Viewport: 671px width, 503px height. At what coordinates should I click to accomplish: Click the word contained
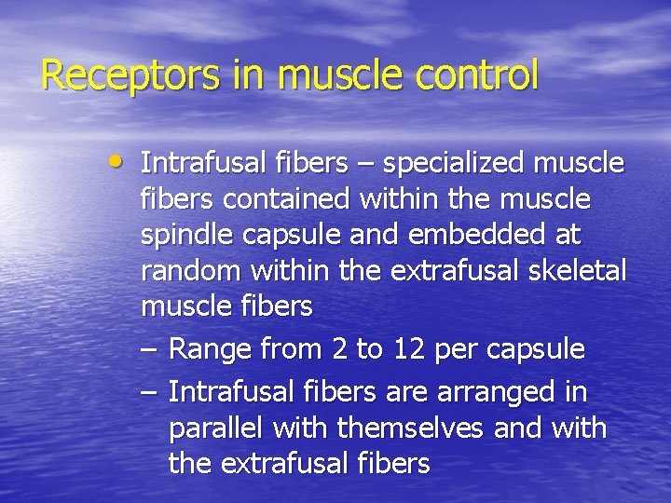[x=295, y=199]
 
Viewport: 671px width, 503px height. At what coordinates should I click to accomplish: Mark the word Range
[x=211, y=350]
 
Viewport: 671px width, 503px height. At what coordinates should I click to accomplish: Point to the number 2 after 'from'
[x=339, y=350]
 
